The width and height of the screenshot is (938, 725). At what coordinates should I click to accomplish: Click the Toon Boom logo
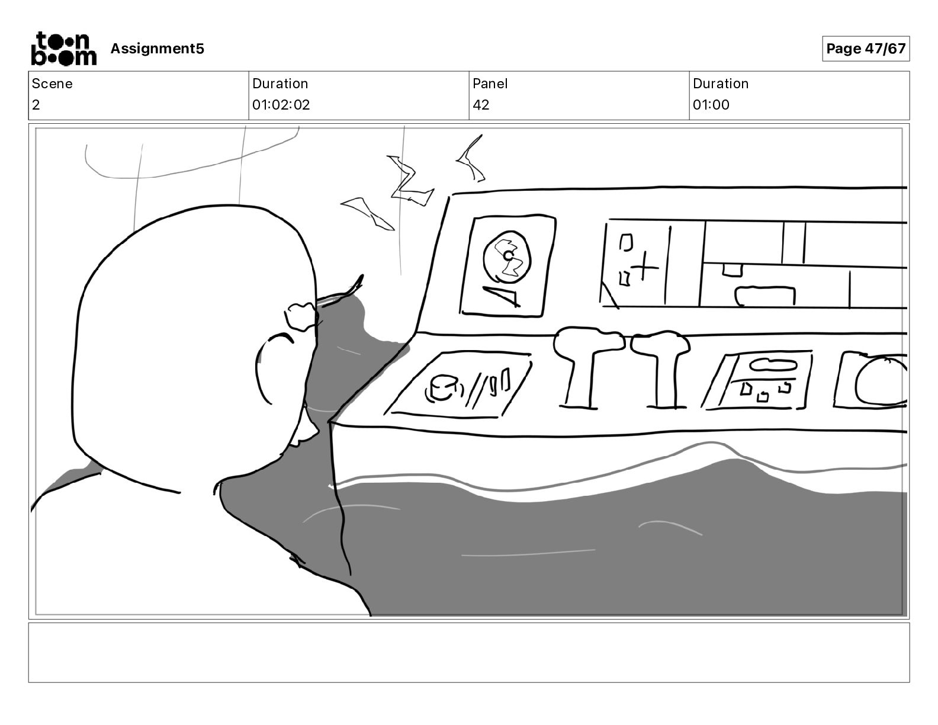pyautogui.click(x=63, y=49)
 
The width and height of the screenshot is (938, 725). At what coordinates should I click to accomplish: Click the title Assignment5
pyautogui.click(x=157, y=49)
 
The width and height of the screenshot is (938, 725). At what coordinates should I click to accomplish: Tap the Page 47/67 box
pyautogui.click(x=865, y=49)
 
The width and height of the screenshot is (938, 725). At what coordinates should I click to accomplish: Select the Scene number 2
pyautogui.click(x=36, y=105)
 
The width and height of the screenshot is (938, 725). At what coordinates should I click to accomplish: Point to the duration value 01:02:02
pyautogui.click(x=281, y=105)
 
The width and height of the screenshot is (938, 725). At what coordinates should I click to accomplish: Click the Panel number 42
pyautogui.click(x=481, y=105)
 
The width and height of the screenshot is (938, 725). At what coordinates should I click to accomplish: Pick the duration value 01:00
pyautogui.click(x=711, y=105)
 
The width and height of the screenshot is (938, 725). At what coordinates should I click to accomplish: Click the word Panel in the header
pyautogui.click(x=490, y=84)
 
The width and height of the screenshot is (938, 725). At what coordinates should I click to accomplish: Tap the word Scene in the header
pyautogui.click(x=52, y=84)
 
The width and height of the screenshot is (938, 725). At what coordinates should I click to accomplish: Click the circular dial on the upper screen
pyautogui.click(x=507, y=258)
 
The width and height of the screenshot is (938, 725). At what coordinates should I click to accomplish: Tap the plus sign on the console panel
pyautogui.click(x=646, y=268)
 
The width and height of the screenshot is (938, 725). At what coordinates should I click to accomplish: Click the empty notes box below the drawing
pyautogui.click(x=468, y=652)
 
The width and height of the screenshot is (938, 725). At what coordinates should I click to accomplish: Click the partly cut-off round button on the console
pyautogui.click(x=879, y=382)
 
